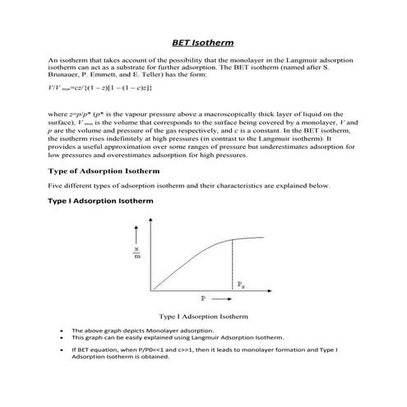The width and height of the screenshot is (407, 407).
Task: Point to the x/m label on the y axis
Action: [137, 255]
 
